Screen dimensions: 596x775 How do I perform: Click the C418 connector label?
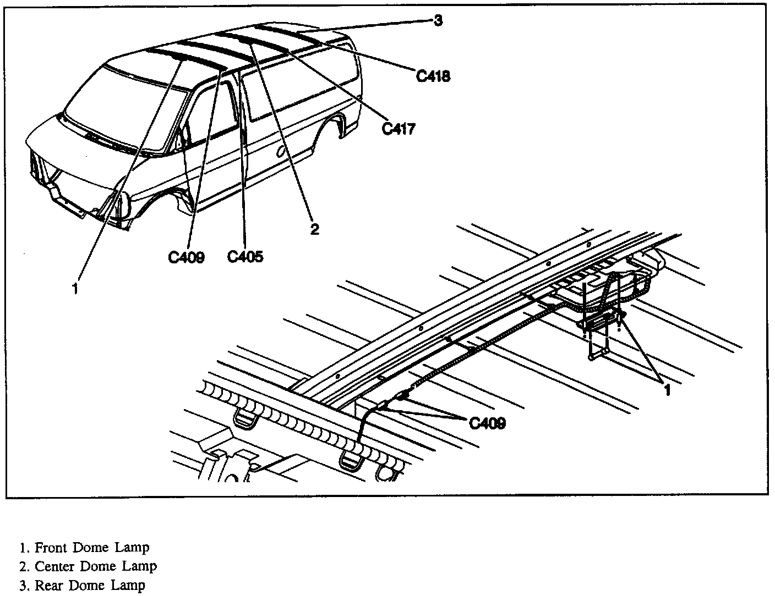pos(433,76)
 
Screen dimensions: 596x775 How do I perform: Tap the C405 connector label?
pos(245,256)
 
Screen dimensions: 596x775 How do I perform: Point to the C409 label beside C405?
pos(186,257)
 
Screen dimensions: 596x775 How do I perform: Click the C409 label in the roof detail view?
pos(487,423)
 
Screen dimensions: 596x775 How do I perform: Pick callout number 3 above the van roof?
pos(438,21)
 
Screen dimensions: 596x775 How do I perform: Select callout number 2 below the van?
pos(314,229)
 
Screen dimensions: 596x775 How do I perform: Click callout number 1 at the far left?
pos(75,288)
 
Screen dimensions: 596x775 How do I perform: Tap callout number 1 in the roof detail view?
pos(667,390)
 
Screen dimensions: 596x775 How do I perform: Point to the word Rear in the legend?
pos(48,586)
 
